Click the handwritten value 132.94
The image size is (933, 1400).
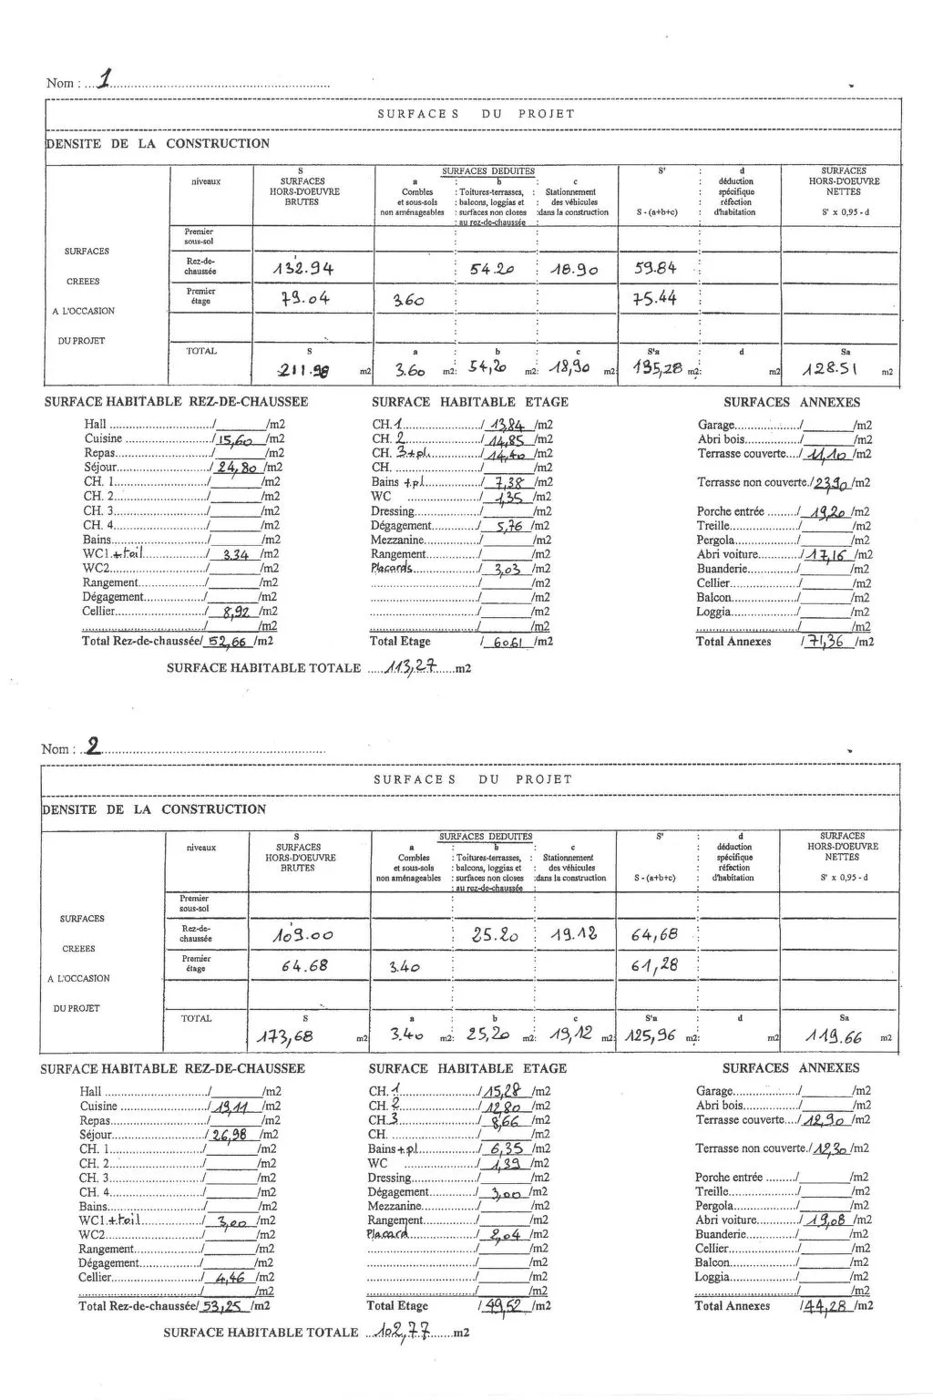[303, 268]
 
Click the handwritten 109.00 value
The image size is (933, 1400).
[302, 935]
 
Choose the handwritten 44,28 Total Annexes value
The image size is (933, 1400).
[825, 1305]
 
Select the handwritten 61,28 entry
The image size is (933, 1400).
[654, 965]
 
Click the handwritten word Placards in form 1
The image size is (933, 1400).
[392, 568]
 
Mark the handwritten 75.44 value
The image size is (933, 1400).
[654, 298]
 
